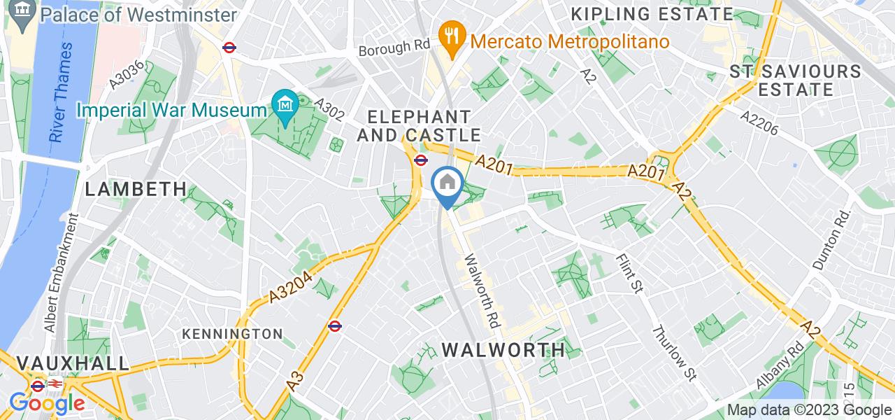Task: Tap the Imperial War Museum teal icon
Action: click(285, 106)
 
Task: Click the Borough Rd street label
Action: click(394, 48)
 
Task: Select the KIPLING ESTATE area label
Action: click(652, 14)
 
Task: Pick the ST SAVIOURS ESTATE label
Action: click(795, 80)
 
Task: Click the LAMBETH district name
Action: click(136, 189)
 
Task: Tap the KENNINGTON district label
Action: click(232, 334)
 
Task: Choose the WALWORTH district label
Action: click(503, 349)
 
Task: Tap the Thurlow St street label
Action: click(675, 353)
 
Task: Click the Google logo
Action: click(47, 404)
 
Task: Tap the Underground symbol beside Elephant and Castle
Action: click(420, 160)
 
